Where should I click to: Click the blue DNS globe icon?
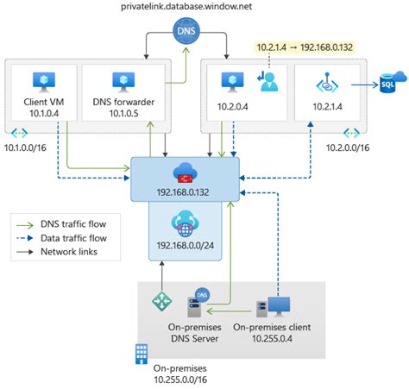point(186,31)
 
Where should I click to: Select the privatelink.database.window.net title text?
point(186,6)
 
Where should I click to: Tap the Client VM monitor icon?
point(44,82)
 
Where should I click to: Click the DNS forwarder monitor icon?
point(123,82)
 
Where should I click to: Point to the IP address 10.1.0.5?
point(123,113)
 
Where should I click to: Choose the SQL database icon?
point(393,82)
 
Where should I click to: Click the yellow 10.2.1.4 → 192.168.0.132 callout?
point(305,47)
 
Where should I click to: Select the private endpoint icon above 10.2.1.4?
point(327,83)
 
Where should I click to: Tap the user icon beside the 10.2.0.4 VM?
point(267,82)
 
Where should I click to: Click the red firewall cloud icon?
point(186,173)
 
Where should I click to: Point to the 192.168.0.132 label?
point(183,192)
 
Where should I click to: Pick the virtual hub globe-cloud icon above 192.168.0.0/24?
point(186,223)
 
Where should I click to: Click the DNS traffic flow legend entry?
point(61,224)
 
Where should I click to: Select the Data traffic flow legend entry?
point(61,238)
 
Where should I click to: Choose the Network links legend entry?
point(57,252)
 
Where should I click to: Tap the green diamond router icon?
point(162,301)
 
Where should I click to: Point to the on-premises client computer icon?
point(273,307)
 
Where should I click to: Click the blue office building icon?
point(142,354)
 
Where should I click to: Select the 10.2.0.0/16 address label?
point(348,147)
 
